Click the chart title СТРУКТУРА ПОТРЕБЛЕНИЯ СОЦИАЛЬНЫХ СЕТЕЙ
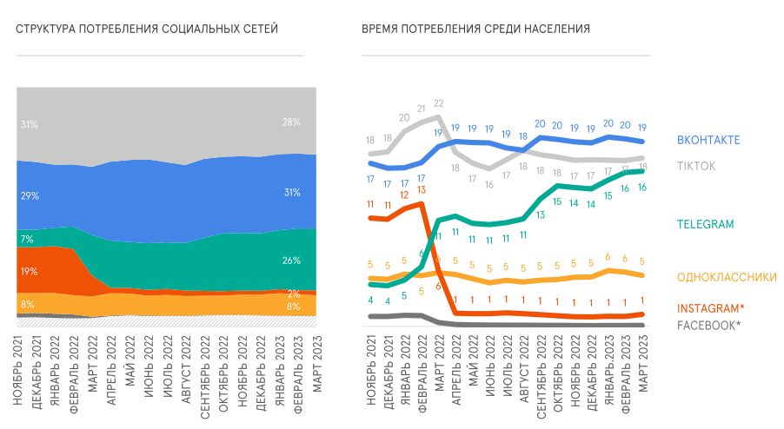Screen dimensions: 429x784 point(147,30)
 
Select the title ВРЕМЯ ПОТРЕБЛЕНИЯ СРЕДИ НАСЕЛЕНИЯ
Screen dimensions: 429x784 point(475,30)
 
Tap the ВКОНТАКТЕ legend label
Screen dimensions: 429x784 point(708,140)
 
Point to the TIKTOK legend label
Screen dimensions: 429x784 point(696,166)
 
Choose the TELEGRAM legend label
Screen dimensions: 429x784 point(706,224)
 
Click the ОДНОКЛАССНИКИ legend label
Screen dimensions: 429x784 point(727,277)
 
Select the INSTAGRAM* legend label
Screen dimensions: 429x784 point(711,308)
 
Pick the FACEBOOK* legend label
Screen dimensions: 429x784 point(709,325)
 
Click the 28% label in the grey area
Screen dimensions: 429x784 point(291,122)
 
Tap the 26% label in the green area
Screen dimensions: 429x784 point(291,261)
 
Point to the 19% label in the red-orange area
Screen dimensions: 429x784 point(29,272)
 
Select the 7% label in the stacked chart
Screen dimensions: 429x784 point(27,239)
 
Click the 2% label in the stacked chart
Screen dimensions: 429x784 point(294,294)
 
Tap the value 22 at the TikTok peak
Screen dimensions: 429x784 point(439,102)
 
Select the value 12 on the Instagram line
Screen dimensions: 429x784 point(404,195)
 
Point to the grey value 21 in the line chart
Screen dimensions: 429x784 point(422,109)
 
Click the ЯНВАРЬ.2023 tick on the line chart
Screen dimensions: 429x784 point(608,374)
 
